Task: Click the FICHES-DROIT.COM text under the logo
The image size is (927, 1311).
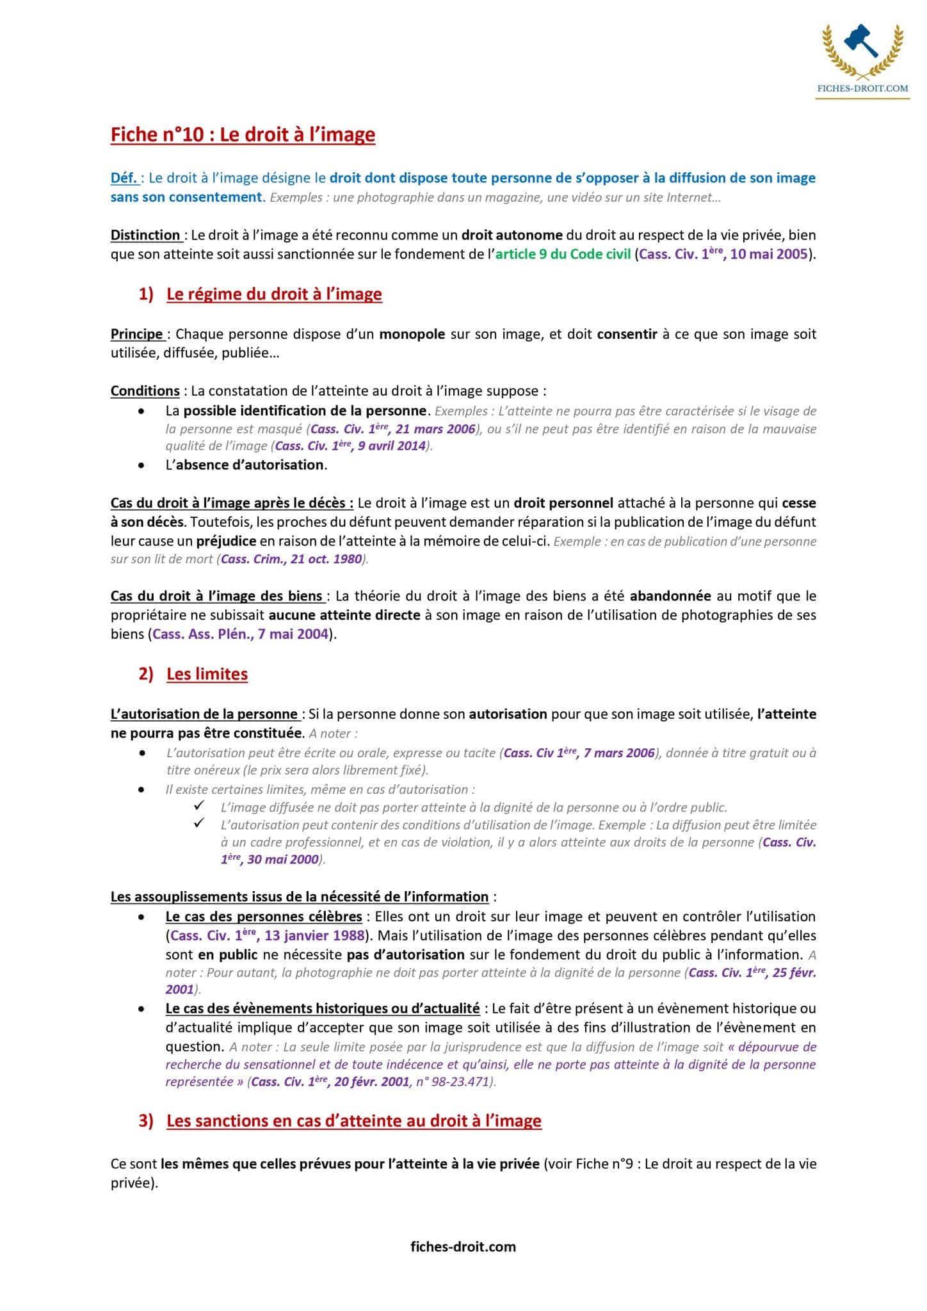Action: coord(862,88)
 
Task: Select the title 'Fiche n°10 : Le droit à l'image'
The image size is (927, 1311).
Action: coord(243,134)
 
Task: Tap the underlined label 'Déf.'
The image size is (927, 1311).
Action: coord(124,178)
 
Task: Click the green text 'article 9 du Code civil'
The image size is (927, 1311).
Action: coord(563,254)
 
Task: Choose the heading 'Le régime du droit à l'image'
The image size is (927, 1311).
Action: coord(274,294)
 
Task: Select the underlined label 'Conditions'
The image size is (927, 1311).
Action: coord(145,390)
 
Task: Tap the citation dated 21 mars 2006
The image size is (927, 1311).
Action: coord(392,428)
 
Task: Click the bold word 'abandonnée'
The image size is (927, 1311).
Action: coord(670,596)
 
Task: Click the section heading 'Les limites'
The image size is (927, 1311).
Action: coord(207,674)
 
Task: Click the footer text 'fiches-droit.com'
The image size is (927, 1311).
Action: coord(463,1246)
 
